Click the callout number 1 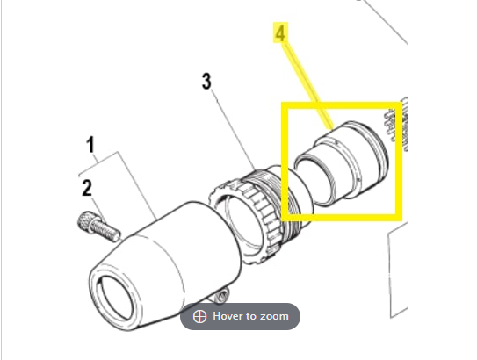[90, 145]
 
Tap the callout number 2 [87, 188]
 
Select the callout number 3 [206, 81]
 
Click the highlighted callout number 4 [280, 32]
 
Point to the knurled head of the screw [87, 222]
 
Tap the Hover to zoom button [241, 316]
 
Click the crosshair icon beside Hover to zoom [200, 316]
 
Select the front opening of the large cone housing [116, 299]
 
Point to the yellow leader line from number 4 [307, 86]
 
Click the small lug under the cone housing [221, 295]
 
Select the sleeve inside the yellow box [341, 163]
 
